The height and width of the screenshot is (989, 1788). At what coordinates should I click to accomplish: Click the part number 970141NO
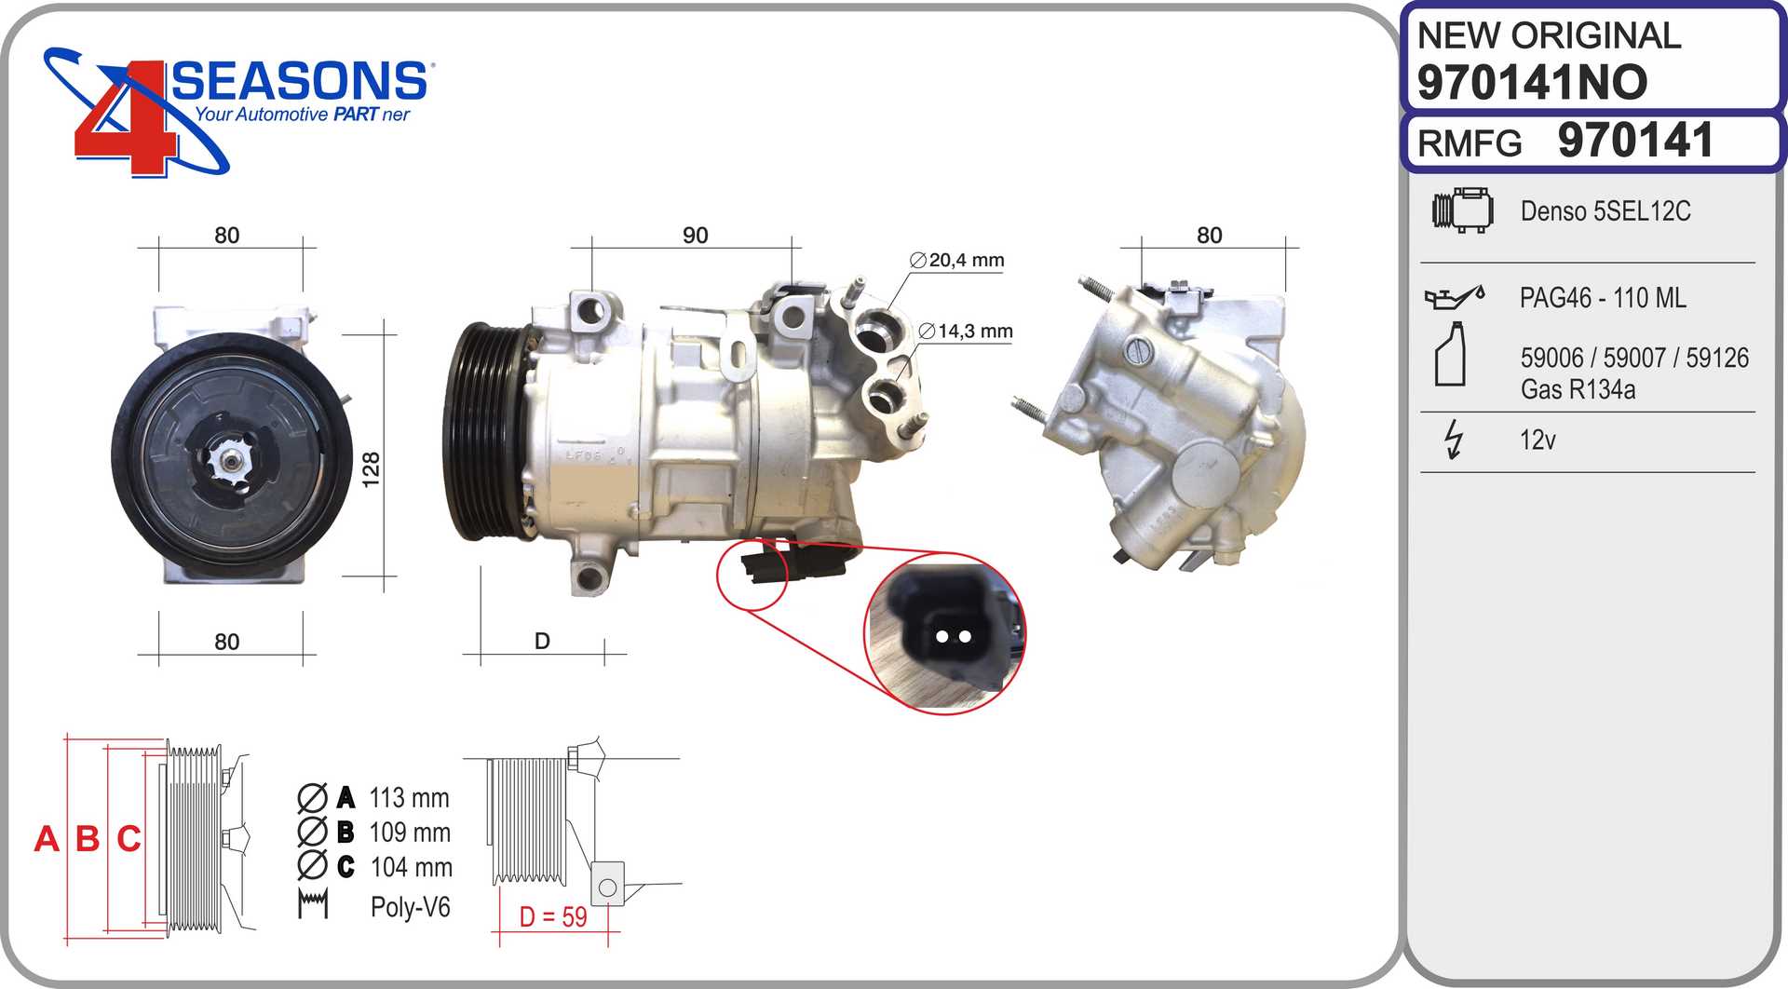point(1532,82)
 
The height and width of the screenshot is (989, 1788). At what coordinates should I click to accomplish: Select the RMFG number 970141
point(1635,142)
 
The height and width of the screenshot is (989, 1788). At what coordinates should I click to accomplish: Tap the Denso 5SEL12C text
point(1605,211)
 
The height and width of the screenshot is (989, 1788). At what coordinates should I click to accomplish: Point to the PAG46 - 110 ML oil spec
point(1602,298)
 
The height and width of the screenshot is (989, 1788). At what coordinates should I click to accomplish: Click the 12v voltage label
point(1537,440)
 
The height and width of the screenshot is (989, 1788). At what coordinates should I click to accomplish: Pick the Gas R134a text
point(1578,389)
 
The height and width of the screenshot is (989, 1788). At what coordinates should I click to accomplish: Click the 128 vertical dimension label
point(371,468)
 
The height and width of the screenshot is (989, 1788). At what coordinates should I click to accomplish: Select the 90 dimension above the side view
point(695,236)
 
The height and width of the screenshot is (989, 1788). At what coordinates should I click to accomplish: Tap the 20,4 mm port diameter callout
point(957,261)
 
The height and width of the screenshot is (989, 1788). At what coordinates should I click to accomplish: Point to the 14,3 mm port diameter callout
point(966,332)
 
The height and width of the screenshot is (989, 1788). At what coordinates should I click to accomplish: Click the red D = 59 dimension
point(553,917)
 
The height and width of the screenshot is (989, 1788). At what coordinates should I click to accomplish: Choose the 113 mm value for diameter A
point(409,798)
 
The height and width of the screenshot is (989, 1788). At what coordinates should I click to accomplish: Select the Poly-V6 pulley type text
point(410,907)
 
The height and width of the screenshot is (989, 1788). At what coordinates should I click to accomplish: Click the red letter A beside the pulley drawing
point(47,839)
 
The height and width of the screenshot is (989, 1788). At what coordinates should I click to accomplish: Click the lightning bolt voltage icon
point(1453,439)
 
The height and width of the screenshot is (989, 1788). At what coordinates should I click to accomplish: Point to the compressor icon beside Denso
point(1462,210)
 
